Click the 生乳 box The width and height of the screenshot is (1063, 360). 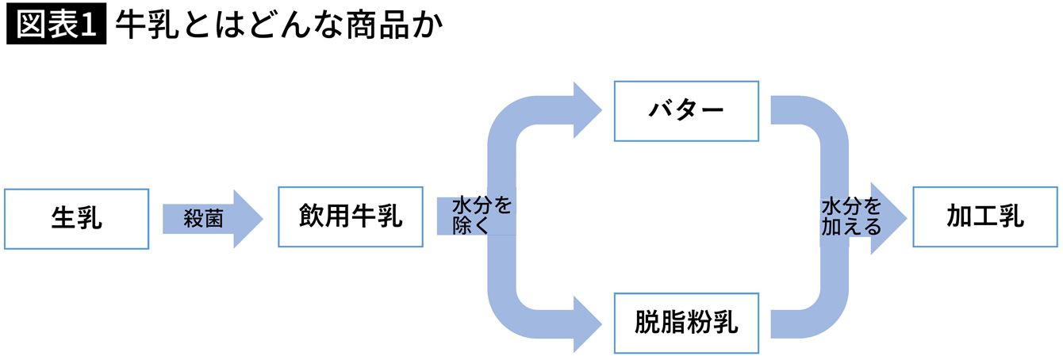(76, 218)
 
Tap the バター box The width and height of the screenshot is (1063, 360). (686, 111)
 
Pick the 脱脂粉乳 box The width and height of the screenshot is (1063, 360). (686, 323)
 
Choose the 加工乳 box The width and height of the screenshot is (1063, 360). (984, 217)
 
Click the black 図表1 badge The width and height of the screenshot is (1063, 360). (56, 27)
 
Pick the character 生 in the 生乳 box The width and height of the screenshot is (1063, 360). (63, 218)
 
